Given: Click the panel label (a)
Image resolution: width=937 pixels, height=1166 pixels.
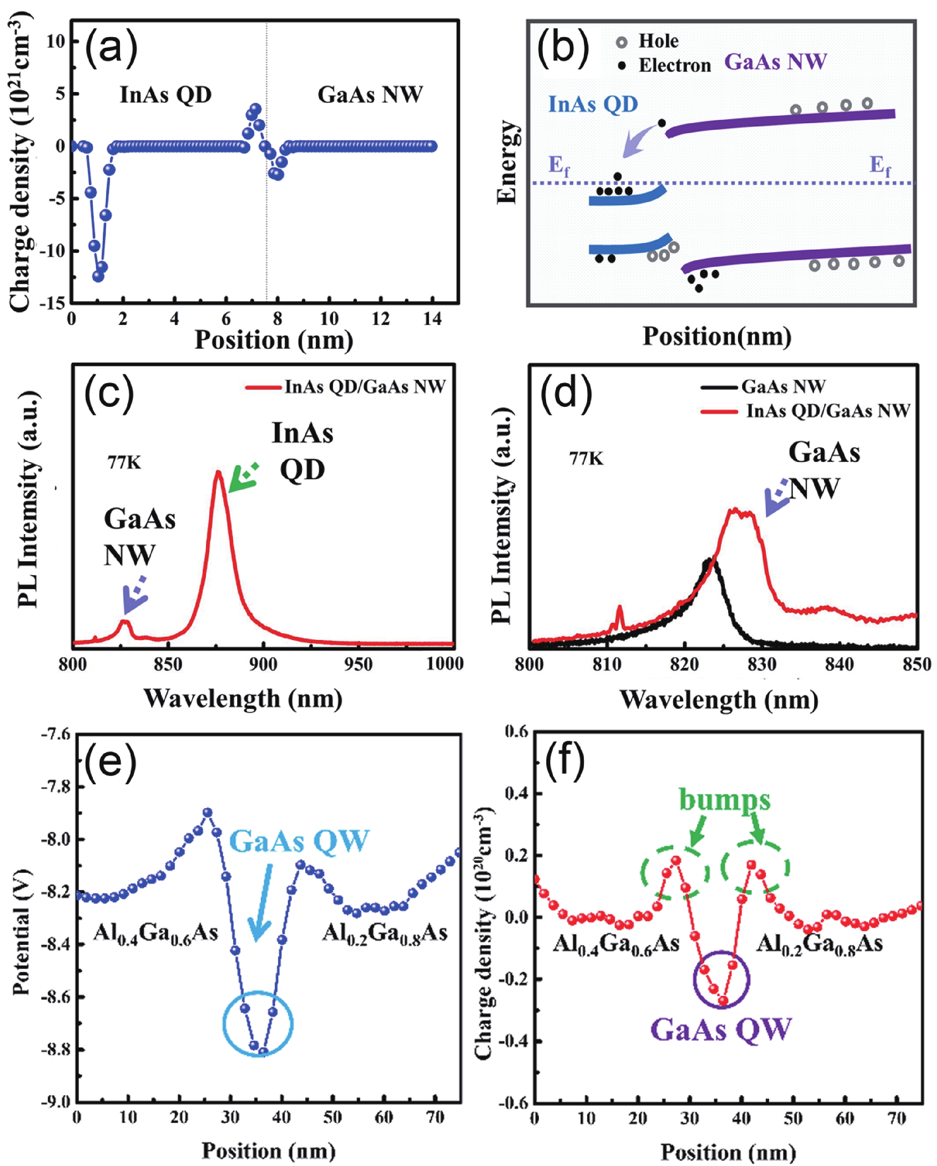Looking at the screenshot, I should point(111,49).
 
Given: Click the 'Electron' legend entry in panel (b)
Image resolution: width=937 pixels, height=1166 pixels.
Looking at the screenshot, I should point(674,66).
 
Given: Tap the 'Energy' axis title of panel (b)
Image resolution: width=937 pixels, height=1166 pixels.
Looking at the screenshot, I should point(507,162).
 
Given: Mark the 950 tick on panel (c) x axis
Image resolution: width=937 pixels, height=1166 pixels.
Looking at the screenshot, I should point(358,664).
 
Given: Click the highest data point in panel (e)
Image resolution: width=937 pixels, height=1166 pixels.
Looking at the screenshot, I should point(207,812).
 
